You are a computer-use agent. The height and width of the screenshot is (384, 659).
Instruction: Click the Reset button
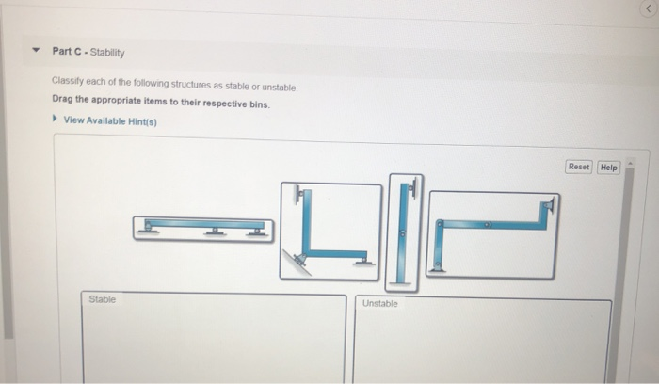pos(578,167)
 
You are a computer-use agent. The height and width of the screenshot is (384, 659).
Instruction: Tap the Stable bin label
pos(103,299)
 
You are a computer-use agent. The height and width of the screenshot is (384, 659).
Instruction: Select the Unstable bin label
pos(379,303)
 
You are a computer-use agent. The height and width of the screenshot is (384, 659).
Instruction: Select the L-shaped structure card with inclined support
pos(330,232)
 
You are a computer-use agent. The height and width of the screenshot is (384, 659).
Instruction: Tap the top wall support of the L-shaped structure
pos(299,196)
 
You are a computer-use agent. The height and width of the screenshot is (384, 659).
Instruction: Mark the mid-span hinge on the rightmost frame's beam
pos(489,224)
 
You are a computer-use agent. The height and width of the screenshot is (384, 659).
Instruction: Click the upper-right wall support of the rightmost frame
pos(548,206)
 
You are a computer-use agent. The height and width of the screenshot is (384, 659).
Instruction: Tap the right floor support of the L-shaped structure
pos(361,260)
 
